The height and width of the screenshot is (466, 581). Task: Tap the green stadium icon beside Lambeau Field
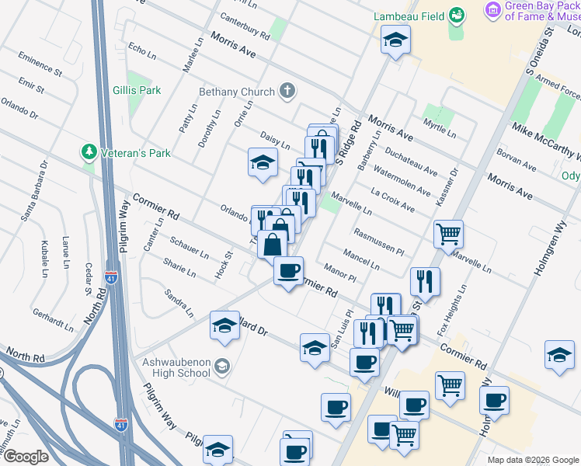[x=457, y=15]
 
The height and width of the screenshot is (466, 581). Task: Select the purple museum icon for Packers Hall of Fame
[x=492, y=10]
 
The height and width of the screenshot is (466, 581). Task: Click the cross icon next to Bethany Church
[x=287, y=92]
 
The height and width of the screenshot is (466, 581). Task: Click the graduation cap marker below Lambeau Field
[x=396, y=40]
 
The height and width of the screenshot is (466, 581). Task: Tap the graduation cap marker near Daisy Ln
[x=263, y=162]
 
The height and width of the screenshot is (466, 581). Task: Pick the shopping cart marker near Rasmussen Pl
[x=448, y=232]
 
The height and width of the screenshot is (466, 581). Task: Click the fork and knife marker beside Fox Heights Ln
[x=424, y=281]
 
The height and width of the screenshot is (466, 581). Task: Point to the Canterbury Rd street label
[x=245, y=26]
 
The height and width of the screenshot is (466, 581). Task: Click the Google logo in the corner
[x=26, y=457]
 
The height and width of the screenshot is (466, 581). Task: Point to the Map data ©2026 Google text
[x=532, y=460]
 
